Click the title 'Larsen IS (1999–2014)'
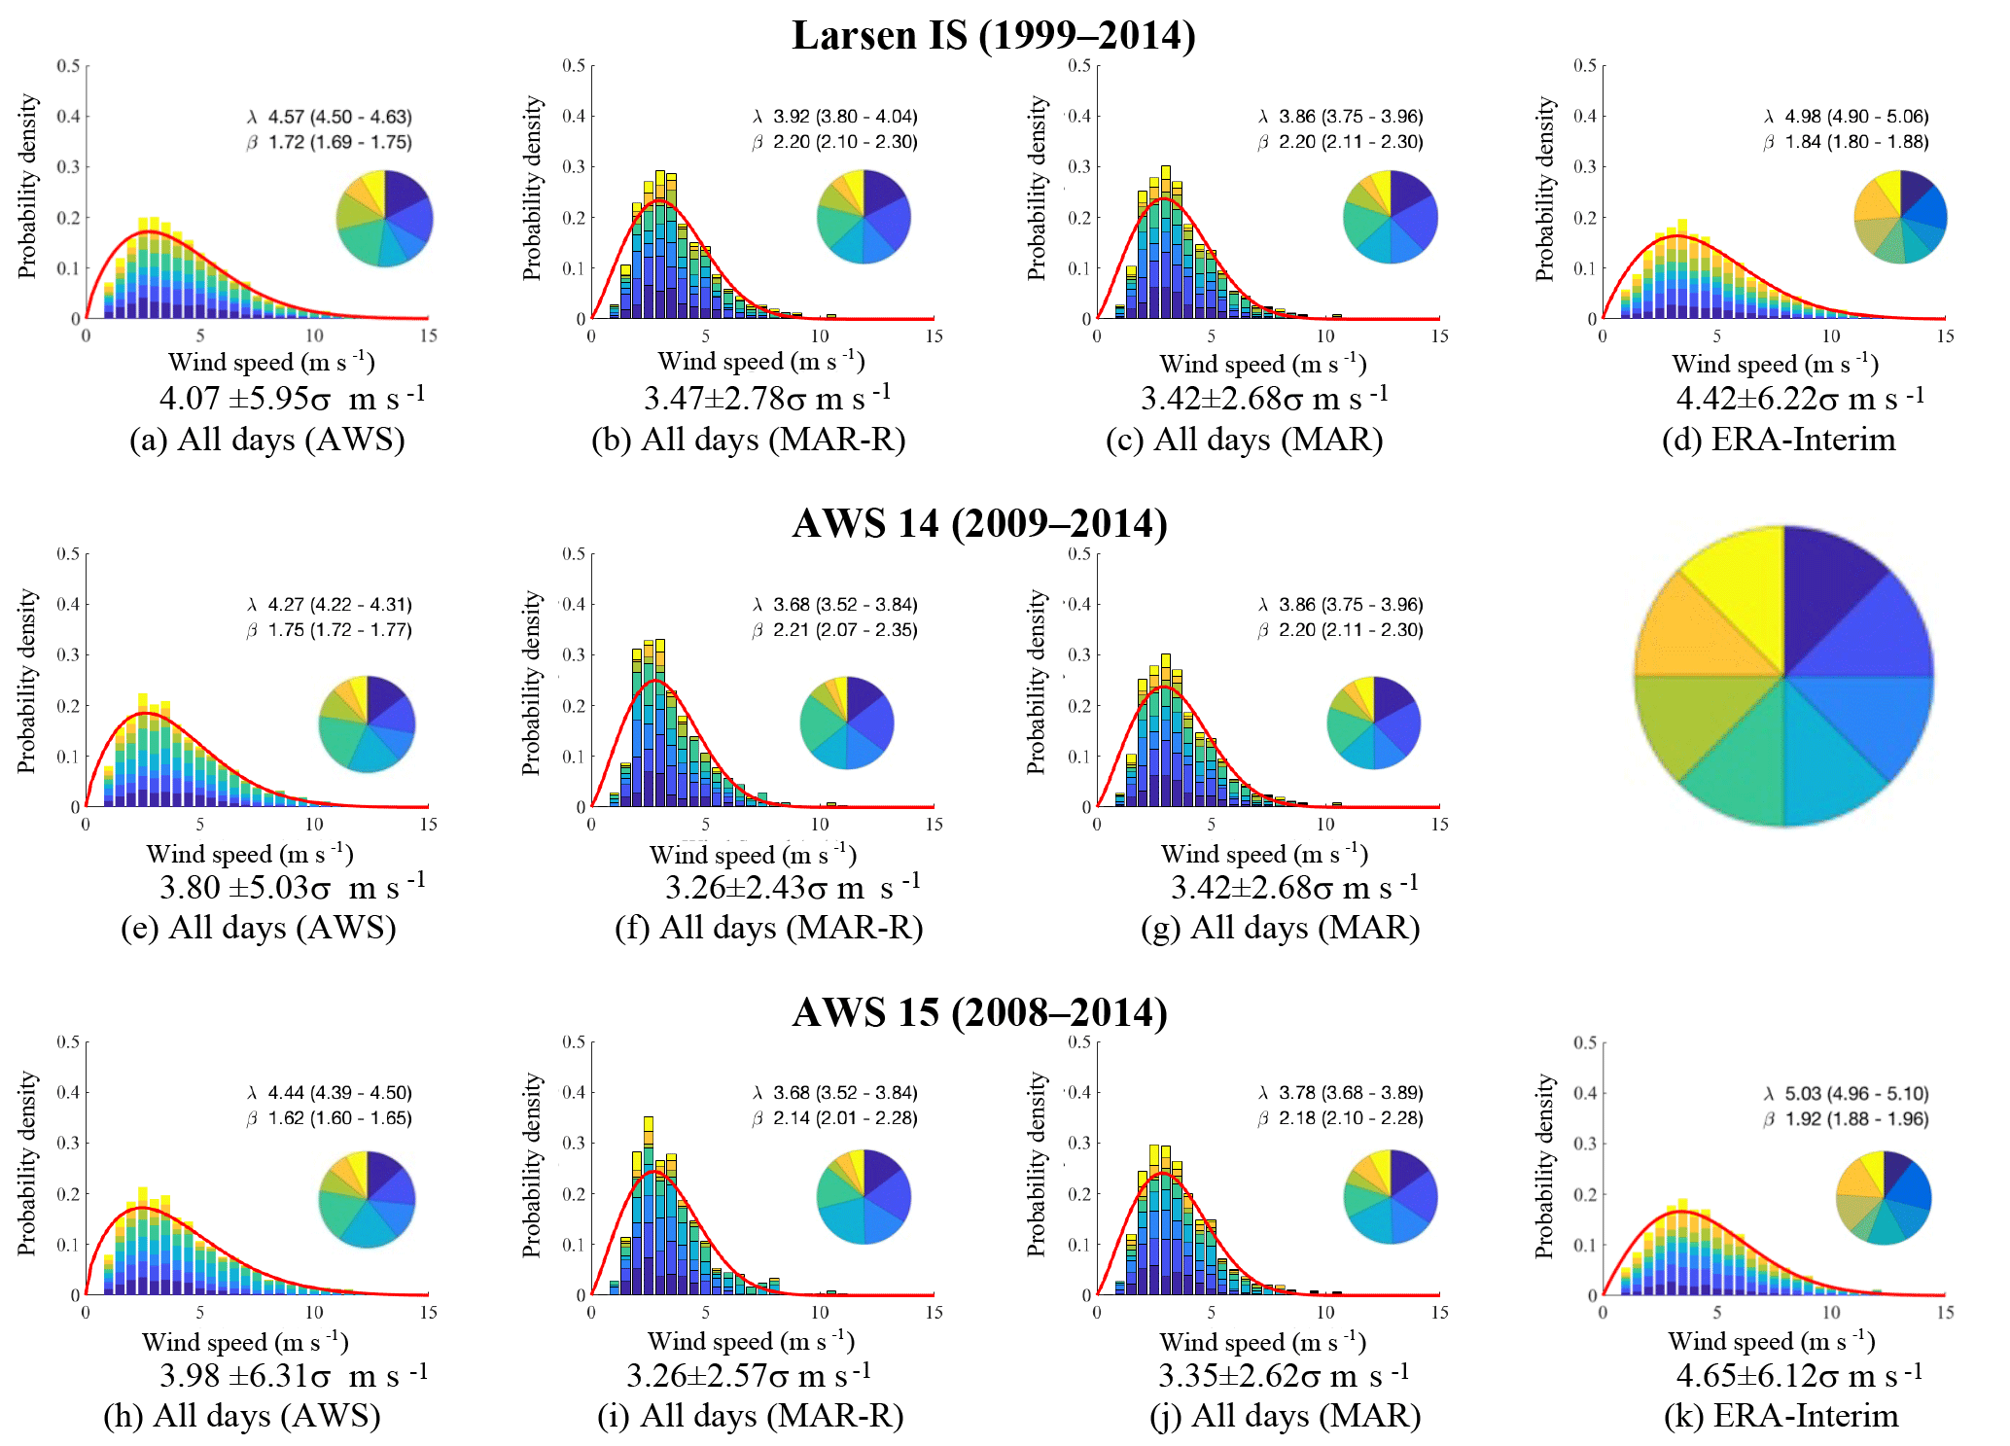(x=993, y=36)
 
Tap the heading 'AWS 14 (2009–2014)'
(x=979, y=524)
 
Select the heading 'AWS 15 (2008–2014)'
(x=979, y=1013)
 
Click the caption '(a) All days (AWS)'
(x=267, y=440)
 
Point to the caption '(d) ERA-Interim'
(x=1779, y=440)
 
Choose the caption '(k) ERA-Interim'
(x=1781, y=1416)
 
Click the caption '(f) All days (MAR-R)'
(x=768, y=928)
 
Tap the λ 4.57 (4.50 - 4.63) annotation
(x=330, y=117)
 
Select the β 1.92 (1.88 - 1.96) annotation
(x=1846, y=1118)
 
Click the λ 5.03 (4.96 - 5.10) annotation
(x=1846, y=1093)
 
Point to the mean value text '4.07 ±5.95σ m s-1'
(x=292, y=398)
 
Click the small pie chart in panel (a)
(x=384, y=218)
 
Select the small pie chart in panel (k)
(x=1884, y=1197)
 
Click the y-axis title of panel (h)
(x=27, y=1164)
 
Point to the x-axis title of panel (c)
(x=1263, y=364)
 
